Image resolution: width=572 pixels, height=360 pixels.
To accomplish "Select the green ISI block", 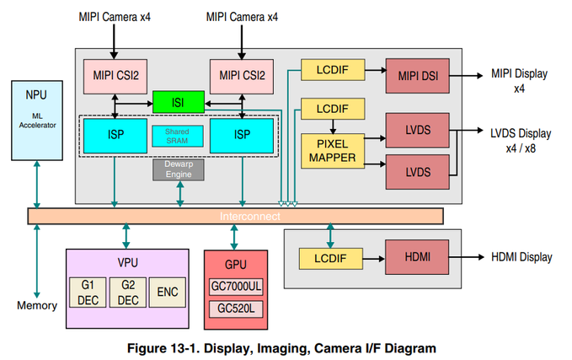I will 179,103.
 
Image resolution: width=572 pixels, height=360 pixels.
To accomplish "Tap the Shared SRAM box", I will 177,136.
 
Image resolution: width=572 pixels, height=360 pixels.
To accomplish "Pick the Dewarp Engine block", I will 179,169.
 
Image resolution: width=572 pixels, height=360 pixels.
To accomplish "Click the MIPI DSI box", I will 417,75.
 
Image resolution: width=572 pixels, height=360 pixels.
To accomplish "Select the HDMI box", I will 417,256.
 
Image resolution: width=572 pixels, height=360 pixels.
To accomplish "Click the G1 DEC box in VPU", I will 88,292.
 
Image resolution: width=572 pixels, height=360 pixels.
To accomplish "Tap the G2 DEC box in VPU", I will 128,292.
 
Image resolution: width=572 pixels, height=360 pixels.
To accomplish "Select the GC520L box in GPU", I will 236,309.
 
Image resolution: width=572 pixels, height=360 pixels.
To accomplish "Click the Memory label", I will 37,304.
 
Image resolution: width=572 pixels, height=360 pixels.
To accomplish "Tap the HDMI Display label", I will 521,256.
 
